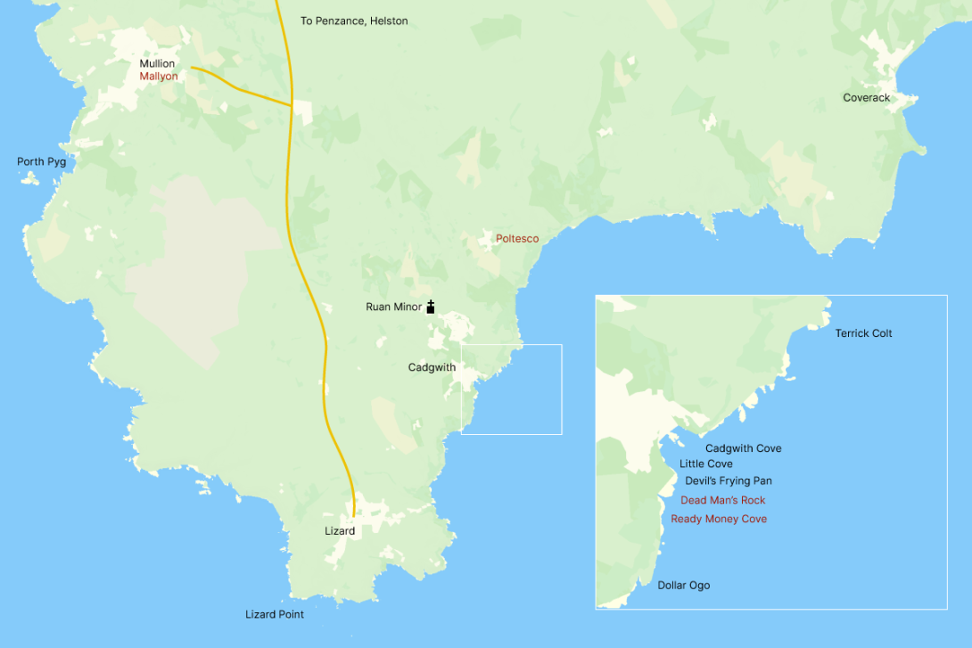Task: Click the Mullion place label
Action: tap(157, 64)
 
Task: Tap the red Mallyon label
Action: tap(159, 77)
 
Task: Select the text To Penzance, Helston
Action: tap(354, 21)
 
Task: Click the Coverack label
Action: tap(866, 98)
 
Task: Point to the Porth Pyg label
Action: tap(41, 162)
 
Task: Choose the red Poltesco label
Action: tap(517, 239)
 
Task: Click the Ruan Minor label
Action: tap(393, 307)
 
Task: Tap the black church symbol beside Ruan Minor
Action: tap(431, 308)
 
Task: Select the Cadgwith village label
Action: tap(432, 367)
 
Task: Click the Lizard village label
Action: tap(340, 531)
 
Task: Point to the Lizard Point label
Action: tap(275, 615)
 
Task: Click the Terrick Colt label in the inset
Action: tap(863, 333)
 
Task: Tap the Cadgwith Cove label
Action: tap(743, 449)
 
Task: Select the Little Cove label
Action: tap(706, 464)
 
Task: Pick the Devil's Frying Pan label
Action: tap(729, 481)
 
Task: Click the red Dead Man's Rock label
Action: tap(722, 500)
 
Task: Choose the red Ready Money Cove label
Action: tap(719, 519)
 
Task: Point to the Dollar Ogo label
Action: tap(684, 586)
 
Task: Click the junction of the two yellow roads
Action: tap(292, 106)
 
